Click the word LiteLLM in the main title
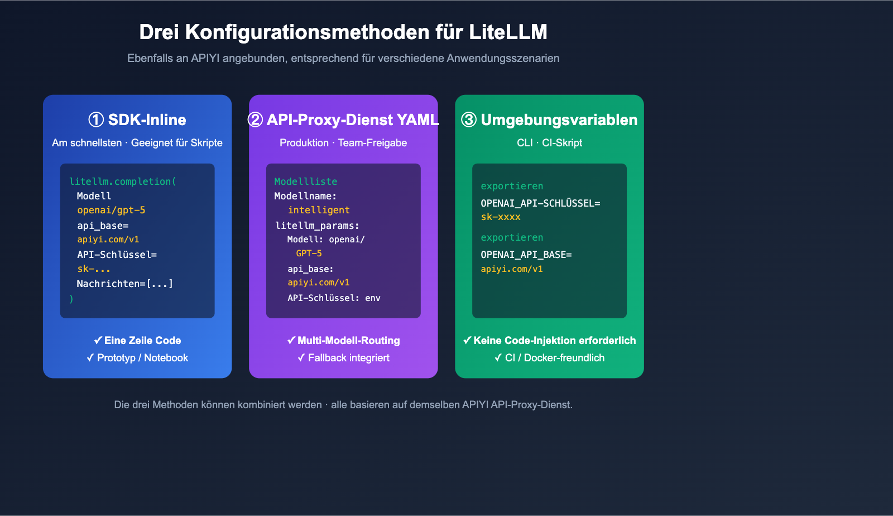[x=508, y=32]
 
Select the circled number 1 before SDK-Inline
[x=96, y=120]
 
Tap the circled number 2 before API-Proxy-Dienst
[x=255, y=120]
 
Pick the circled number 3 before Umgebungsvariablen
[x=469, y=120]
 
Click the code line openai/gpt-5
[x=111, y=211]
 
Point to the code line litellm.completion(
[x=122, y=181]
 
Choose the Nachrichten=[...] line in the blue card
[x=124, y=284]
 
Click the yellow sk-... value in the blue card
[x=94, y=269]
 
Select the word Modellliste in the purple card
[x=305, y=181]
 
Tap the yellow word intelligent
[x=319, y=211]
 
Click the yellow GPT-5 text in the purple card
[x=309, y=254]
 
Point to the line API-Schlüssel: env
[x=334, y=298]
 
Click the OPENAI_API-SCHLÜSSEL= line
[x=540, y=203]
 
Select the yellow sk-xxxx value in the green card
[x=501, y=217]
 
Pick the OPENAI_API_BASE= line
[x=526, y=255]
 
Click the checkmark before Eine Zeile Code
[x=98, y=341]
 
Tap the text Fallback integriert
[x=349, y=358]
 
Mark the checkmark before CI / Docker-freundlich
[x=498, y=358]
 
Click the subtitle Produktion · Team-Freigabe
[x=343, y=143]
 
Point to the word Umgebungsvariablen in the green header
[x=559, y=120]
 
